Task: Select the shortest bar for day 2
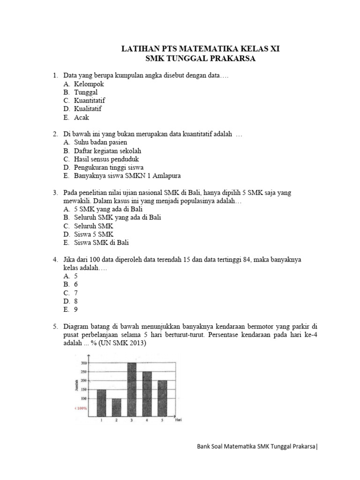click(x=116, y=407)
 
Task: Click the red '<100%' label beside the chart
click(x=81, y=408)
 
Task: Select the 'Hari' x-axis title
click(x=178, y=420)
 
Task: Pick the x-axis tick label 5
click(x=161, y=420)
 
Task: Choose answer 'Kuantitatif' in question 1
click(x=90, y=100)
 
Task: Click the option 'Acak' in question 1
click(x=82, y=117)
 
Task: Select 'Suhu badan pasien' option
click(x=100, y=142)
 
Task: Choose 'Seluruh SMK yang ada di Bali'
click(x=118, y=217)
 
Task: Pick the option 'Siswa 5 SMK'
click(x=94, y=234)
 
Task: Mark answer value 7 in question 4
click(x=76, y=292)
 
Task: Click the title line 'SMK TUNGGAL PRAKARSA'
click(x=201, y=59)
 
